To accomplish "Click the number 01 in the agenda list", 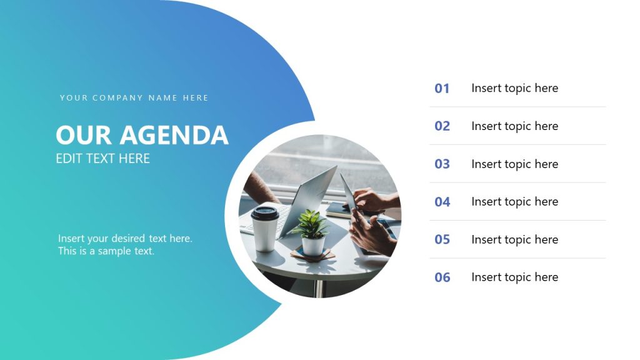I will [442, 89].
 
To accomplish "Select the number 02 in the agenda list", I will [442, 126].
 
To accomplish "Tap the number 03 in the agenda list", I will [442, 164].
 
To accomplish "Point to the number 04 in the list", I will [442, 202].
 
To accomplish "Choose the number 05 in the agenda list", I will [442, 239].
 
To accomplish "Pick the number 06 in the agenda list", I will [442, 277].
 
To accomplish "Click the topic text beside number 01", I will [514, 88].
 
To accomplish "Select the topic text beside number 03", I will [514, 164].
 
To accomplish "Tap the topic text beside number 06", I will [514, 277].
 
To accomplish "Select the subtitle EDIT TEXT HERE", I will [102, 159].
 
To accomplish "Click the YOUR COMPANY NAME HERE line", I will [134, 98].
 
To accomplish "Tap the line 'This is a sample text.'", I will [106, 251].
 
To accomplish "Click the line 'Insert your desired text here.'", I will [125, 238].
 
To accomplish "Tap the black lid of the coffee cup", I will [264, 212].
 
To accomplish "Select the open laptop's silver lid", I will [310, 200].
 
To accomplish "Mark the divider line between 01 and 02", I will [517, 107].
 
